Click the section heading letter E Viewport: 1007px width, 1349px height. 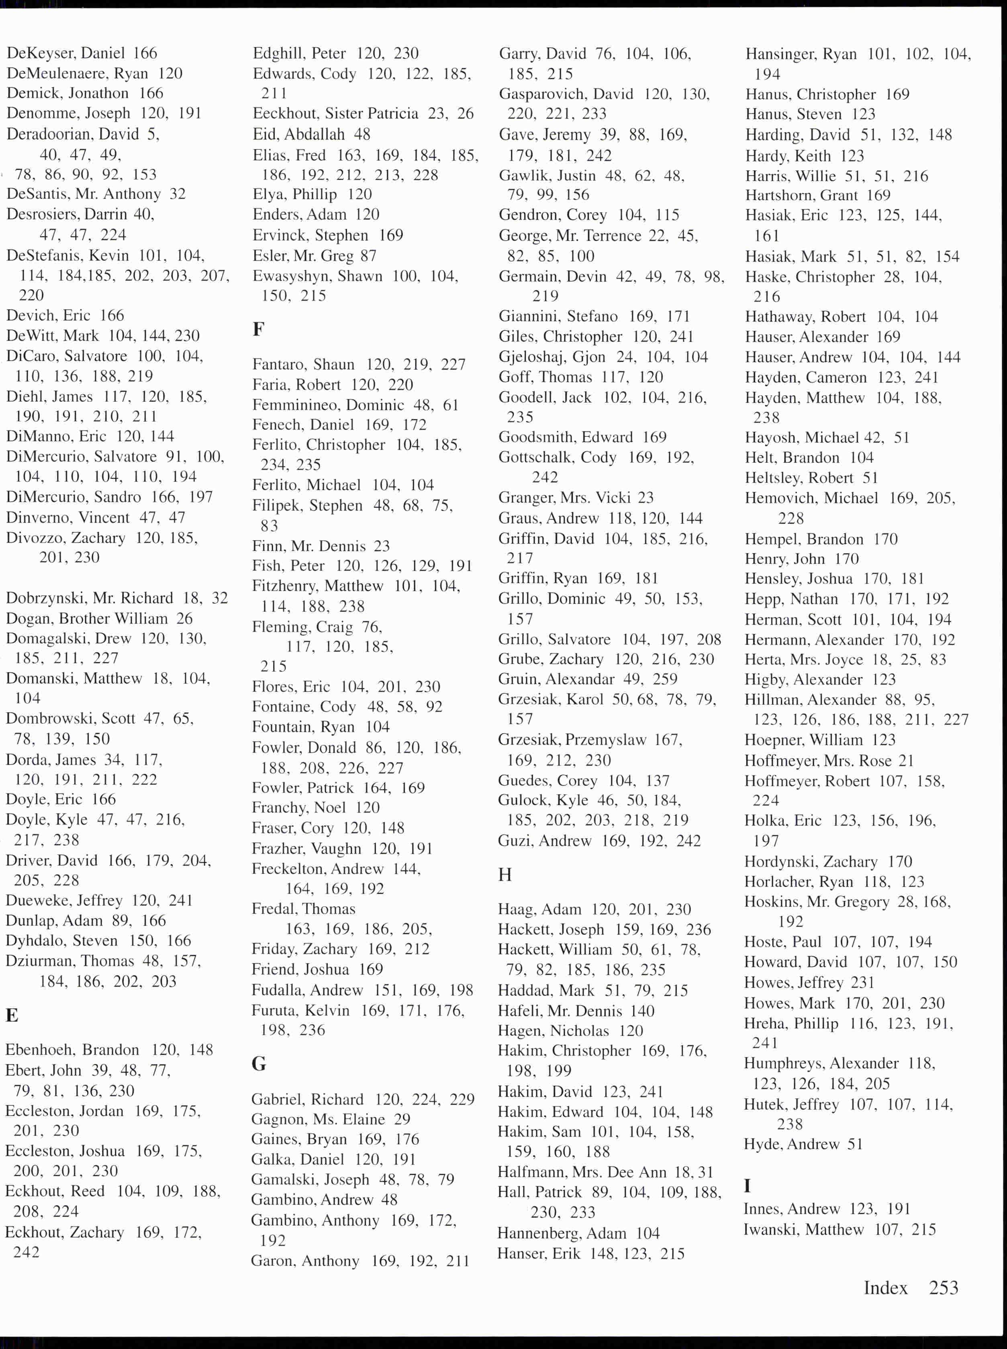click(12, 1015)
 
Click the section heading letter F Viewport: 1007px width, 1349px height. click(258, 329)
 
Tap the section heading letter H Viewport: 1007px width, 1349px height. click(505, 875)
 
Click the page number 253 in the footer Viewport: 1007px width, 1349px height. click(944, 1288)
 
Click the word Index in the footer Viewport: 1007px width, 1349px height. click(885, 1288)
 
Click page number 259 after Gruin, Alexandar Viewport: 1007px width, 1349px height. click(664, 679)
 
